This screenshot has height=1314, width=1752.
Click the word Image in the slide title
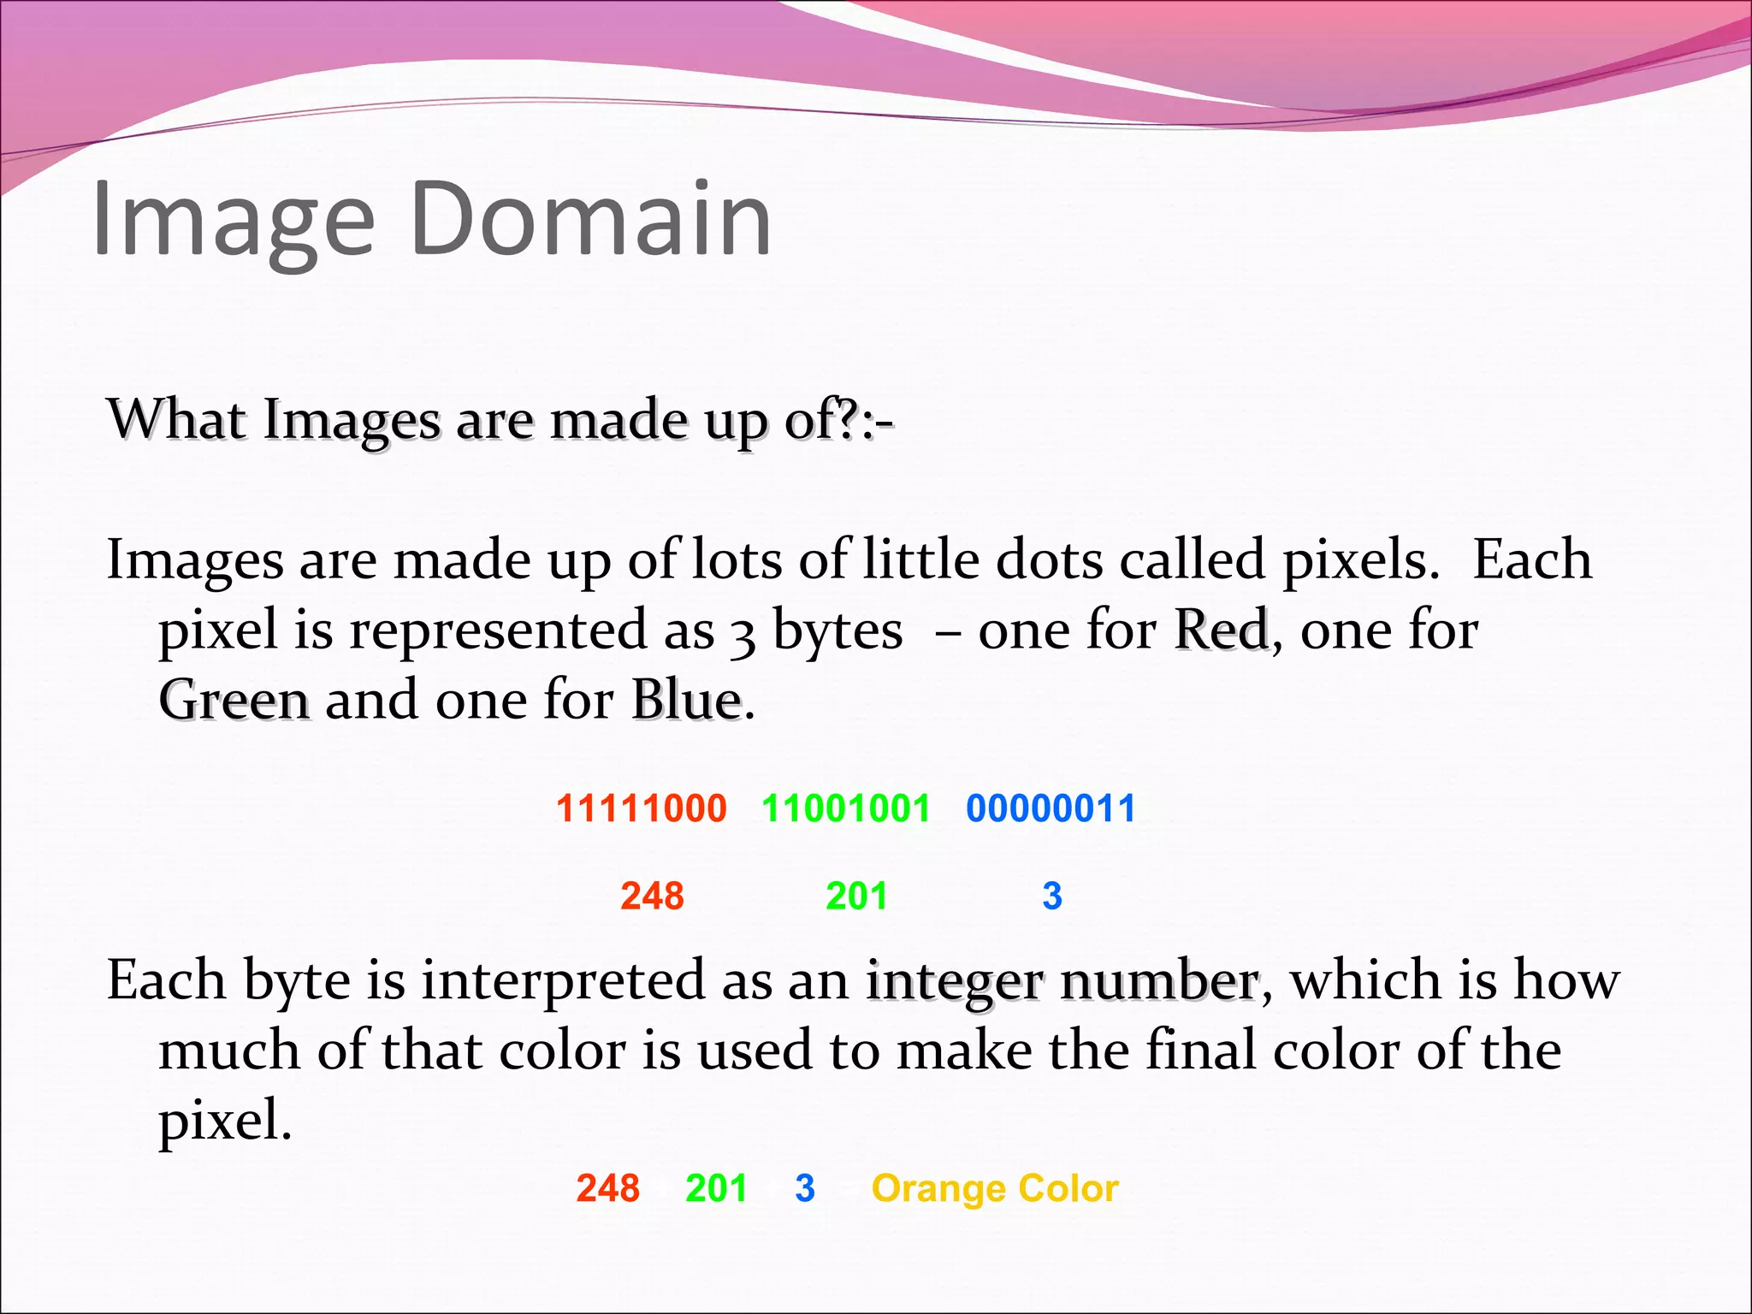pos(233,221)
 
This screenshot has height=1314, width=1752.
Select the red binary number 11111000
pos(641,808)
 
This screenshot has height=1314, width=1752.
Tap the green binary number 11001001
pos(845,808)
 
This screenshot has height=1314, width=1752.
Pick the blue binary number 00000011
pos(1051,808)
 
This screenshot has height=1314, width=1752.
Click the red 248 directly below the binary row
pos(652,896)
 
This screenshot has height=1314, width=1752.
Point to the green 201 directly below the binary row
pos(856,896)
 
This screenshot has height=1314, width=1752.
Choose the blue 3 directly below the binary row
pos(1052,896)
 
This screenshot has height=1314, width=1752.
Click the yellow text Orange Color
pos(995,1188)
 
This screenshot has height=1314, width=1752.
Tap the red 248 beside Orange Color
pos(607,1188)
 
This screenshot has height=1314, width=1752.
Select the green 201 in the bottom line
pos(716,1188)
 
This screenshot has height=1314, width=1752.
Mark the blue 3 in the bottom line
pos(805,1188)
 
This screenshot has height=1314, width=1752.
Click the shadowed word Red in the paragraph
pos(1221,630)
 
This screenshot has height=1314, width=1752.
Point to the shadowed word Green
pos(234,701)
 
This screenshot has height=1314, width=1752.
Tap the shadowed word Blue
pos(687,701)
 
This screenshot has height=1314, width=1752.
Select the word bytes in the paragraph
pos(838,630)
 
